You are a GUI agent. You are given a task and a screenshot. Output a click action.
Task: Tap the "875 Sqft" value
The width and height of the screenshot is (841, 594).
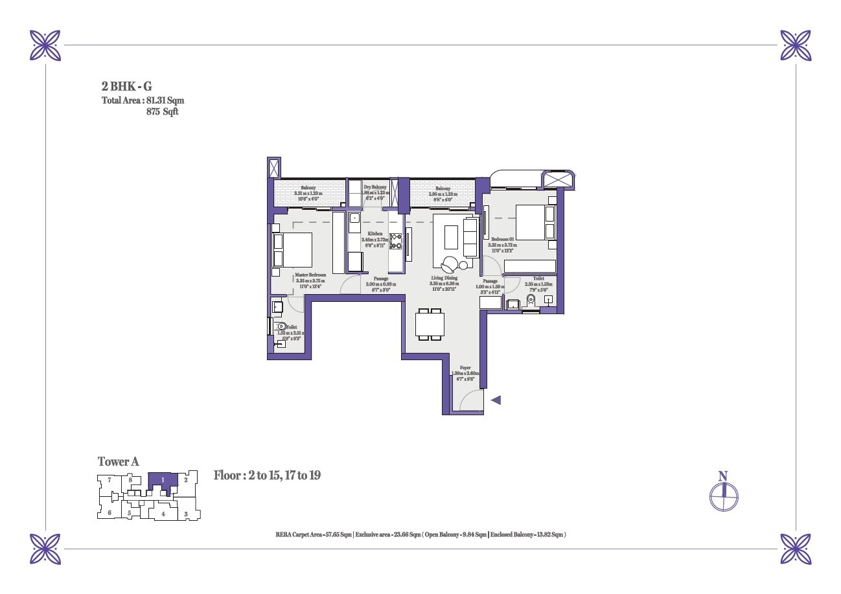point(163,111)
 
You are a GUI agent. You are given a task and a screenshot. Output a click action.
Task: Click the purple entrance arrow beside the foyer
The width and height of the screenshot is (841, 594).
point(496,400)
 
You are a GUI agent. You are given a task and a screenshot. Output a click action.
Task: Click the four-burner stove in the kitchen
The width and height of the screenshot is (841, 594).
point(395,242)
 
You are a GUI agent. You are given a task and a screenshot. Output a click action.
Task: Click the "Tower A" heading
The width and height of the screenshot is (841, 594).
point(118,462)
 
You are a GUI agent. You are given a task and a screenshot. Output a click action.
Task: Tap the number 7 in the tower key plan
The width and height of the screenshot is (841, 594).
point(110,480)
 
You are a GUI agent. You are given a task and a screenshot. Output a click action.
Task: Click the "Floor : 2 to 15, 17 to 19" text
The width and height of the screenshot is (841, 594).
point(268,475)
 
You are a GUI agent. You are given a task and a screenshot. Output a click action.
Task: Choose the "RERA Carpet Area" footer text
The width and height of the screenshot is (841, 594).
point(314,534)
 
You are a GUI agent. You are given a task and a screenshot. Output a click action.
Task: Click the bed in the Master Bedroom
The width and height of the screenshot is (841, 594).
point(292,250)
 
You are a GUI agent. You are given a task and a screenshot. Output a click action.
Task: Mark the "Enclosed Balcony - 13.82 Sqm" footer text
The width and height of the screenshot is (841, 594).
point(528,534)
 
